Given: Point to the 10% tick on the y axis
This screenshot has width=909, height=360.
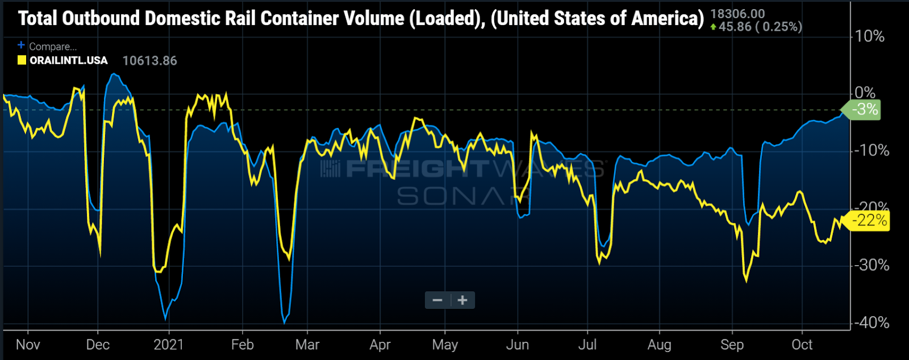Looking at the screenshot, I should tap(869, 37).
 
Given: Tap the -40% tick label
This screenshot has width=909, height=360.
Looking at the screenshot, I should tap(871, 323).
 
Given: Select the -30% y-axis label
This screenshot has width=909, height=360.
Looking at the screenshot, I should tap(871, 265).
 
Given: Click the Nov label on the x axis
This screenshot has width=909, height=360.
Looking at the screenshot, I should tap(28, 345).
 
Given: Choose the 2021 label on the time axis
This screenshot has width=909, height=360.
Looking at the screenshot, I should tap(169, 345).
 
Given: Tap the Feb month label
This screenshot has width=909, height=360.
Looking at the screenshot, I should tap(243, 345).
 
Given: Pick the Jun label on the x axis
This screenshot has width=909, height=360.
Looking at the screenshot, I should tap(518, 345).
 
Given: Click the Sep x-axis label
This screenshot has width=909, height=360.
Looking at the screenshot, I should tap(732, 345).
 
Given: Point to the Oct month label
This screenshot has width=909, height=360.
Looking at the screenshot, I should tap(802, 345).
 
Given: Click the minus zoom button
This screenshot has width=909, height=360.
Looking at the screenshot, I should tap(437, 300).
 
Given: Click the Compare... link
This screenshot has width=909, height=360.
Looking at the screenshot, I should tap(53, 47).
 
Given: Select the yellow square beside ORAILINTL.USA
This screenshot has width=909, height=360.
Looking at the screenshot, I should tap(22, 60).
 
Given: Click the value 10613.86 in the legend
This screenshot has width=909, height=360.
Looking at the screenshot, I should tap(149, 61).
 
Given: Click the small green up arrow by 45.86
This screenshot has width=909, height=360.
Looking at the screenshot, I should tap(713, 27).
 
